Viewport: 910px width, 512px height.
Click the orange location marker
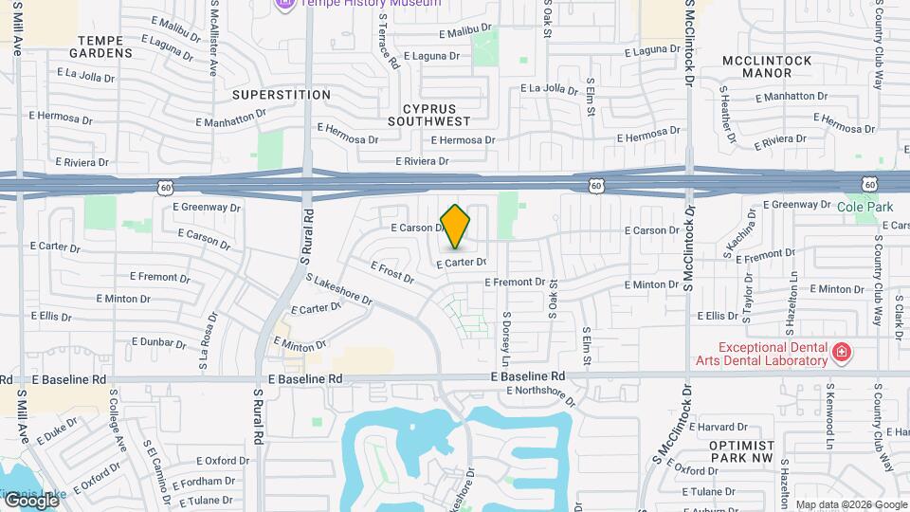coord(455,226)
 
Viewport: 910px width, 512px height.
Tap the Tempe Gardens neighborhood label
coord(105,46)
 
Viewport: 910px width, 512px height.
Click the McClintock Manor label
coord(767,66)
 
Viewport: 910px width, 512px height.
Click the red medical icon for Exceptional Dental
coord(839,354)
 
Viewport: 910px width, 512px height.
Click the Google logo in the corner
coord(31,500)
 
